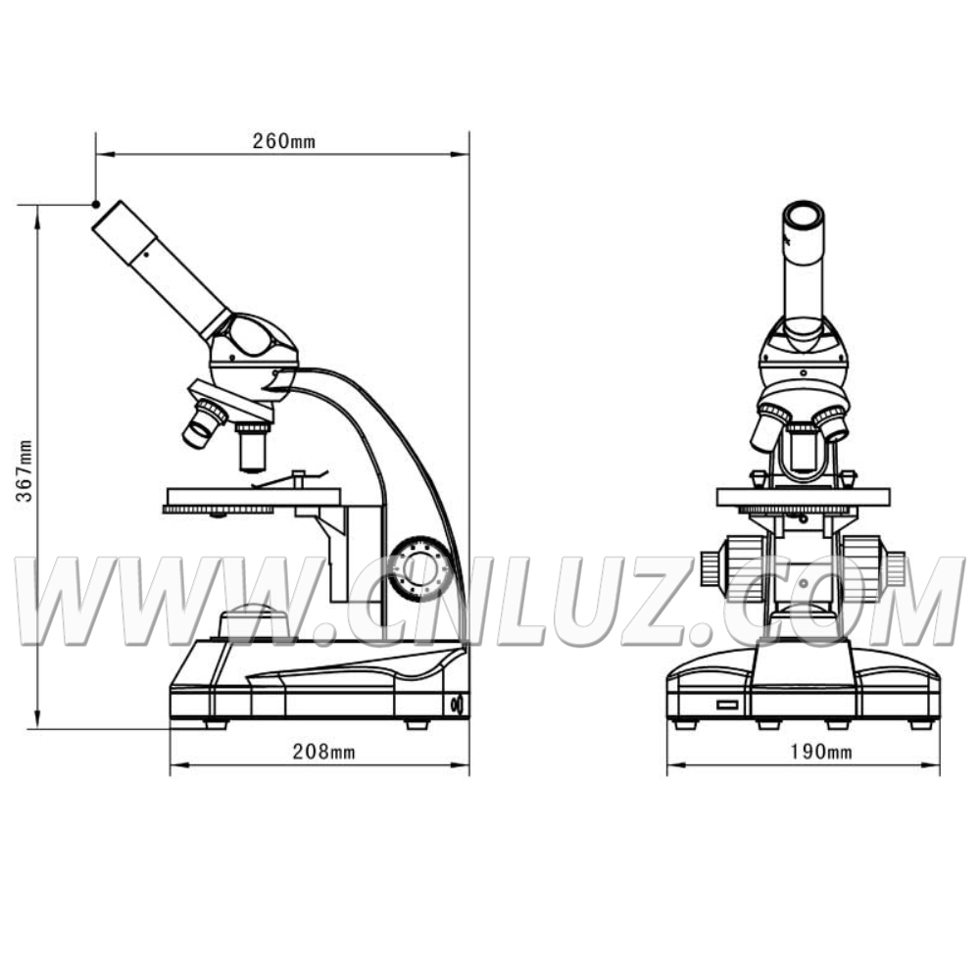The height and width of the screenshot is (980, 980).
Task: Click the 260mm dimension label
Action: tap(284, 141)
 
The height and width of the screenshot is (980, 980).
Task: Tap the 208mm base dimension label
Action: tap(323, 752)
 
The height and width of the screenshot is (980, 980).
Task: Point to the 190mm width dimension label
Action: tap(820, 752)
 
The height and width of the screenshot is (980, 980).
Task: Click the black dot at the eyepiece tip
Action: tap(96, 205)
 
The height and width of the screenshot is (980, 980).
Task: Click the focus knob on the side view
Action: tap(419, 568)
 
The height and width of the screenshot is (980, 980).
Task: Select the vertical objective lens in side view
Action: tap(253, 447)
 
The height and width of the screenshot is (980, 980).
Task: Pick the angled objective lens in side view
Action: tap(204, 423)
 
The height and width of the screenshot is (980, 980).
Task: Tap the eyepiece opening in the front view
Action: tap(805, 215)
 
